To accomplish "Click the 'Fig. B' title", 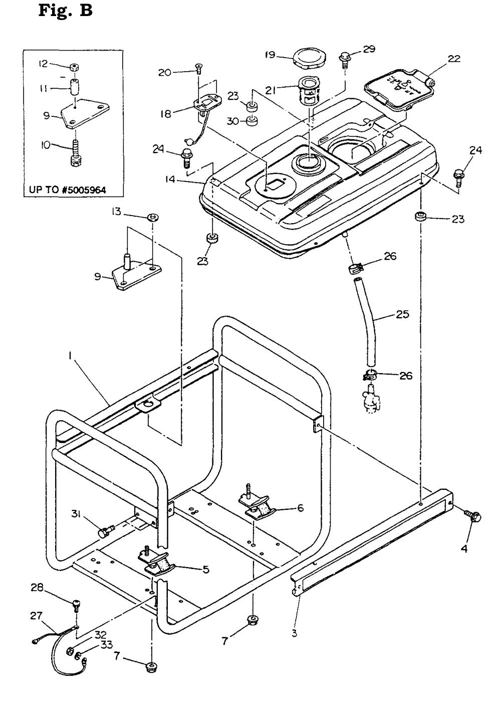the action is (66, 11).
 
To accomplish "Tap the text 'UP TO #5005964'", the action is (68, 190).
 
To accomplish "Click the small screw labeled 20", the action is (198, 68).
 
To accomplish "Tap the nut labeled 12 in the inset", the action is (74, 68).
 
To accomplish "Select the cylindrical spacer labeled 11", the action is (74, 87).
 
